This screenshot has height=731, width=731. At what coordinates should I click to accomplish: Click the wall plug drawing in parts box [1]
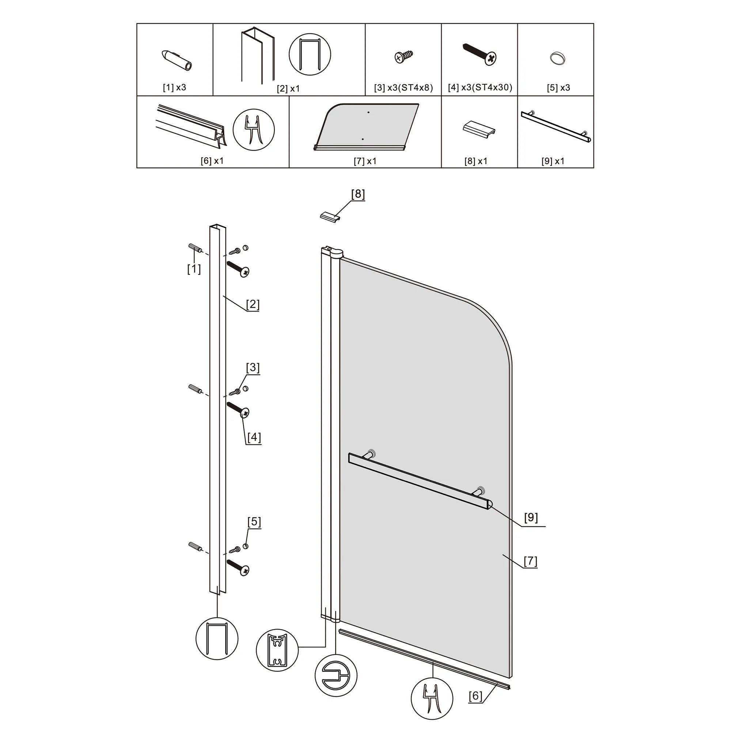(177, 60)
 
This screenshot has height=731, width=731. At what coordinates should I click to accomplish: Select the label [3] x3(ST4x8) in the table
(404, 88)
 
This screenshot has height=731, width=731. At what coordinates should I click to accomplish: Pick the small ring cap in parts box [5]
(557, 58)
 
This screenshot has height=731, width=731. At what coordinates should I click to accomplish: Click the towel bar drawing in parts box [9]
(556, 127)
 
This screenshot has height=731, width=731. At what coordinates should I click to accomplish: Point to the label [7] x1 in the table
(365, 161)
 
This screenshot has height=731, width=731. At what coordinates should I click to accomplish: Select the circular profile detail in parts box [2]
(310, 54)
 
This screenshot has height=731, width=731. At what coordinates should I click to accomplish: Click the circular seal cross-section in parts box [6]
(254, 130)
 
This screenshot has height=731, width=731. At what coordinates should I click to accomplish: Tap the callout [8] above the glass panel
(358, 194)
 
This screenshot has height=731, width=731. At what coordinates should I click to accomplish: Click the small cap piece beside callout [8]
(331, 216)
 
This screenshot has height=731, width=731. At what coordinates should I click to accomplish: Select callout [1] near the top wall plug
(194, 269)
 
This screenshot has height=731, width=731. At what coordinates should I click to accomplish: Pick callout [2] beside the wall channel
(253, 304)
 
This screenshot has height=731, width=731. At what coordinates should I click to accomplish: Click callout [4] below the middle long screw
(254, 438)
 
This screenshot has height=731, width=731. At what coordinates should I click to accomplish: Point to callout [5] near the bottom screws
(254, 522)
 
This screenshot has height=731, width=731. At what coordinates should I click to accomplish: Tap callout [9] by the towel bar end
(531, 517)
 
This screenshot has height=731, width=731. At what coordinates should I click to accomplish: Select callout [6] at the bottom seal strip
(476, 696)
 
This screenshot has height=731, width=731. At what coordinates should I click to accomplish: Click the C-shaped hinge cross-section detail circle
(336, 675)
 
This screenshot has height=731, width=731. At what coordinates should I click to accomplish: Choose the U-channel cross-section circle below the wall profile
(217, 639)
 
